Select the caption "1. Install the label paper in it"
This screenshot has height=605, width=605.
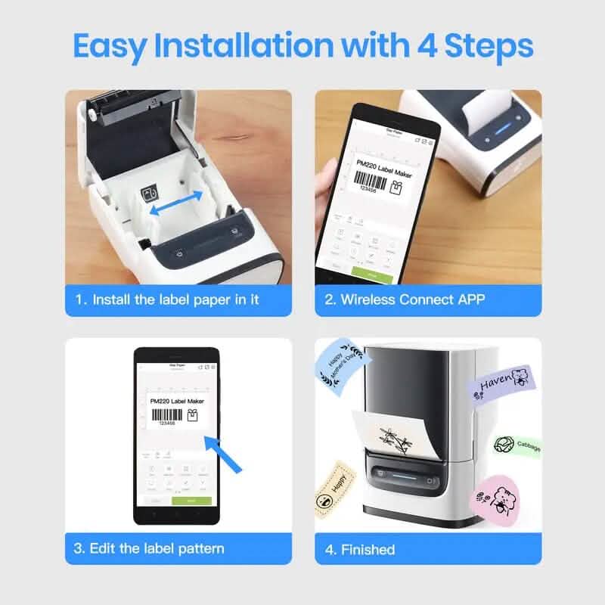point(176,299)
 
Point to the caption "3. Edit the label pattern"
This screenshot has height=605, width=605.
point(160,548)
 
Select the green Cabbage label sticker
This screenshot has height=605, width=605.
point(517,446)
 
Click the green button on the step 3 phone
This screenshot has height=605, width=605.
point(191,501)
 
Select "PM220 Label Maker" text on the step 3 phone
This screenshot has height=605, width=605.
point(177,401)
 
